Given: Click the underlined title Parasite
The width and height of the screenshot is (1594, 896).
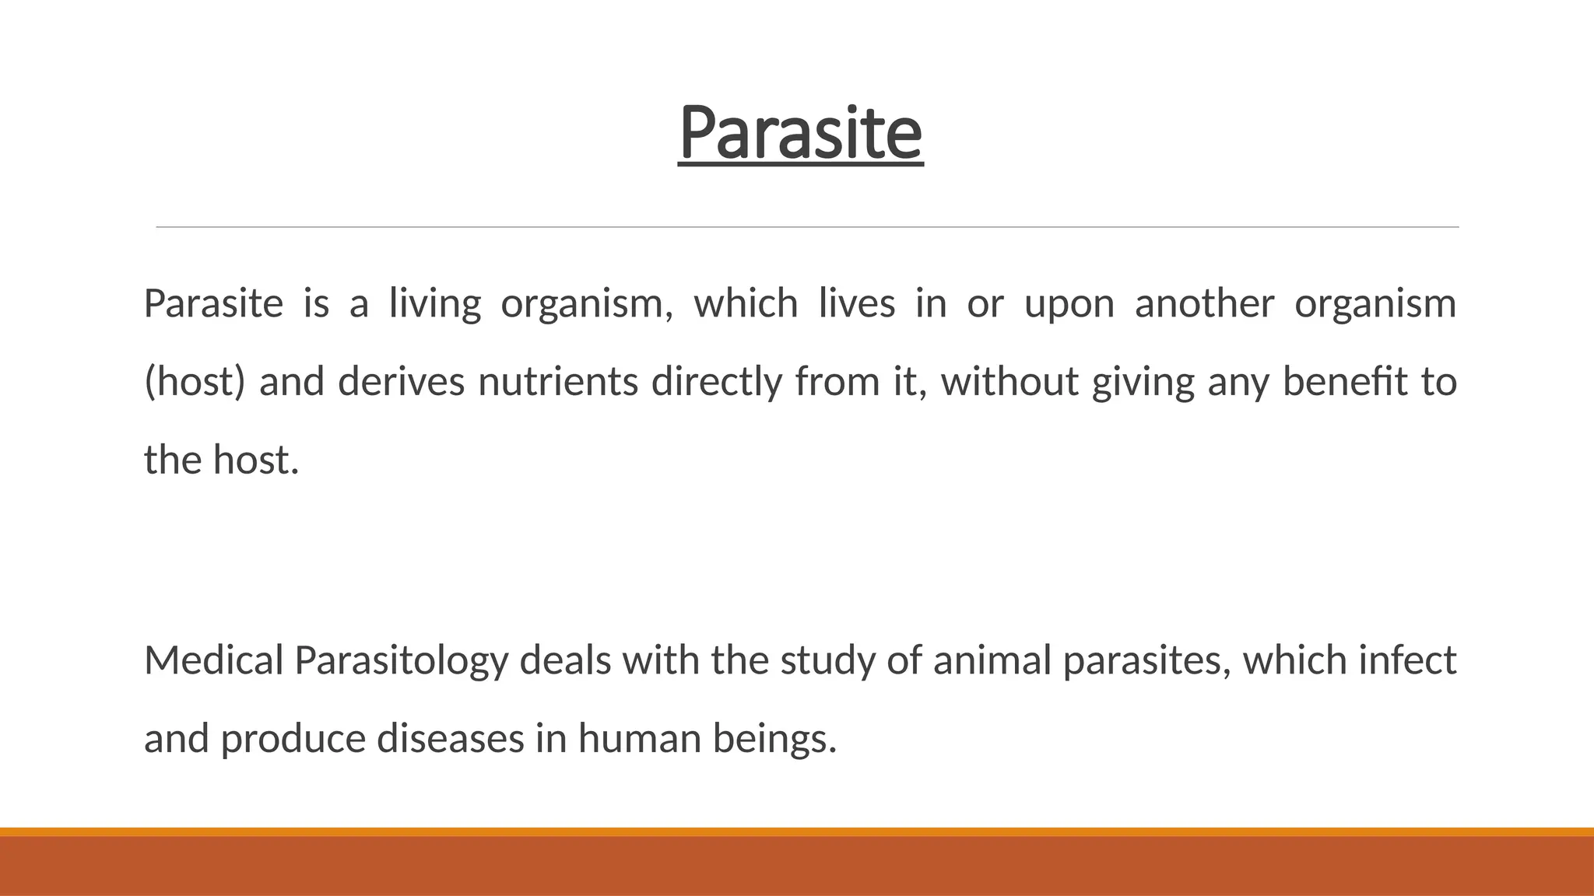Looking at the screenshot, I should (x=800, y=134).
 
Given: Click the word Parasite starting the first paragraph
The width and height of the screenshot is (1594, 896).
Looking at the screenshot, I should (x=213, y=303).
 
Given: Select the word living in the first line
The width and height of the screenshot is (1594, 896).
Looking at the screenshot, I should (x=435, y=304).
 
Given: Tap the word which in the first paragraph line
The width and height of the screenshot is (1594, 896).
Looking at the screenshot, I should (x=746, y=303).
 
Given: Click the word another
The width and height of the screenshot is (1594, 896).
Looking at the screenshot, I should (x=1204, y=303).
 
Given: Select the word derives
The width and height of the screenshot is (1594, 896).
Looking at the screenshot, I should (x=402, y=382).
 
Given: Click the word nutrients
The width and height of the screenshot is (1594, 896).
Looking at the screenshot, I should (x=558, y=382).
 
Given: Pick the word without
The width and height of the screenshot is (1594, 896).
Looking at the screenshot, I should (x=1009, y=382).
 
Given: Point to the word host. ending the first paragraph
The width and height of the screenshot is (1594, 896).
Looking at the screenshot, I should (x=256, y=460).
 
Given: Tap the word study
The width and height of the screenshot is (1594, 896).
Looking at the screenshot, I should (x=827, y=660).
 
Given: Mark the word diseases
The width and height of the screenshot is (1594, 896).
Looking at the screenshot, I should (x=451, y=738).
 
